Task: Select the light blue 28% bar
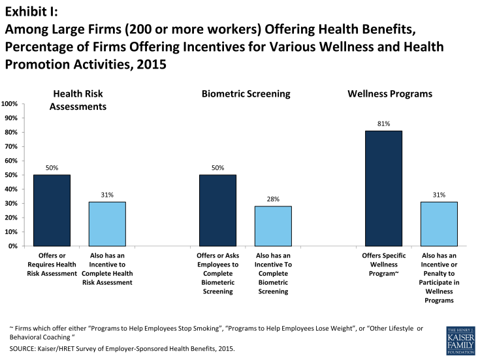click(x=273, y=226)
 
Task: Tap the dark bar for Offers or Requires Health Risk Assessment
click(x=52, y=210)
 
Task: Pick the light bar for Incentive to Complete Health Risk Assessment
click(x=107, y=224)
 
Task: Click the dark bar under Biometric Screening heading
click(x=218, y=210)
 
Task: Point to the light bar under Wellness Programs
click(x=439, y=224)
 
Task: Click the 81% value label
click(x=383, y=123)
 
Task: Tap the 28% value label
click(x=273, y=199)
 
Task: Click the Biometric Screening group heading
click(x=246, y=94)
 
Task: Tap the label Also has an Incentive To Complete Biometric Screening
click(x=273, y=273)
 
